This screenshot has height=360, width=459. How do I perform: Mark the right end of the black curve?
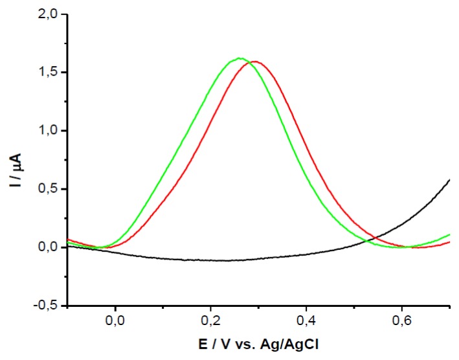coord(449,179)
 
